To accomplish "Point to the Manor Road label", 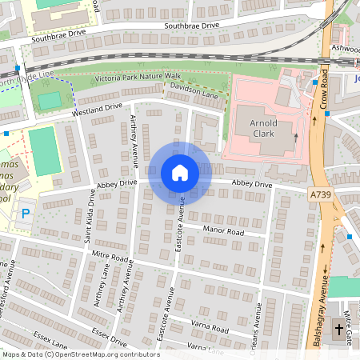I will click(x=222, y=230).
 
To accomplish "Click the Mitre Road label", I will click(x=110, y=258).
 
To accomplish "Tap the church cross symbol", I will click(x=338, y=329).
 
